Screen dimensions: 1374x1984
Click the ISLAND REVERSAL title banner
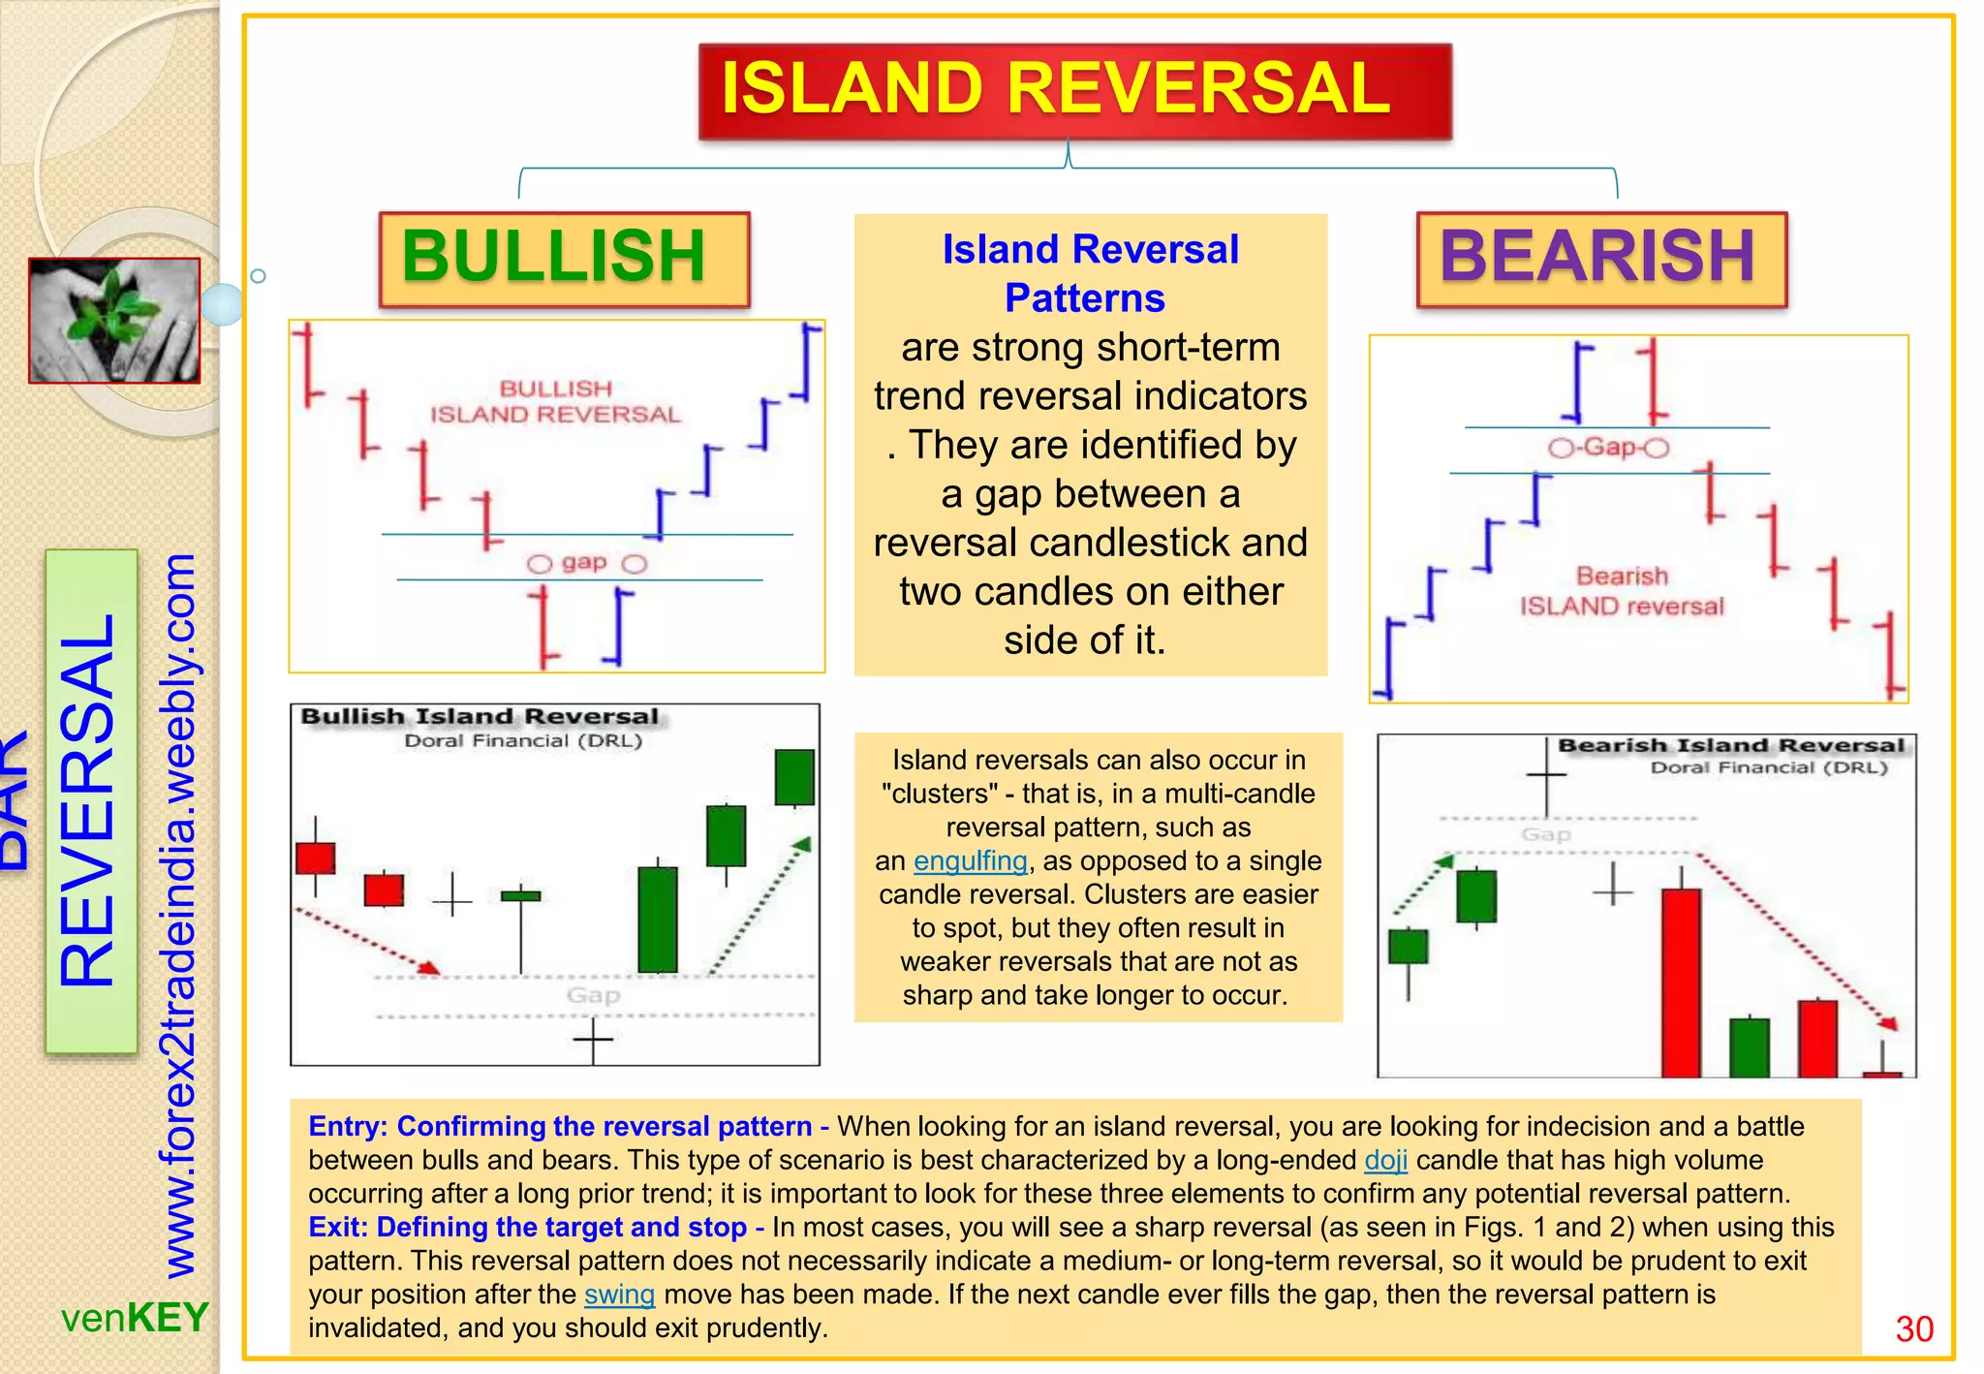[1074, 90]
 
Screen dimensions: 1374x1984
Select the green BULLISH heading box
[564, 259]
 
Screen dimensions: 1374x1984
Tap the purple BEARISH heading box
[1600, 259]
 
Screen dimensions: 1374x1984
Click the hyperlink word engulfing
[970, 860]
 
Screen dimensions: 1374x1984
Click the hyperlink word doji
[1385, 1160]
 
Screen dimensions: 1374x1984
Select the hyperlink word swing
[619, 1295]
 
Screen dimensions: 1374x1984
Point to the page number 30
[1913, 1328]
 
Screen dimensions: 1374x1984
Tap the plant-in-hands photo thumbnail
[114, 321]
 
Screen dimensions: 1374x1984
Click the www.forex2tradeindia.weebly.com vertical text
[178, 916]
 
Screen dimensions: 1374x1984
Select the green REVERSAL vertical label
[90, 800]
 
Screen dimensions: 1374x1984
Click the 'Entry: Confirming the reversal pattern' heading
[567, 1126]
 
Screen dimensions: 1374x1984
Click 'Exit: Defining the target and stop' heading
[535, 1227]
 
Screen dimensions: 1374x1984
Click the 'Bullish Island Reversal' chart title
[480, 717]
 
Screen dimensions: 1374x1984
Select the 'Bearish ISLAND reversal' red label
[1622, 591]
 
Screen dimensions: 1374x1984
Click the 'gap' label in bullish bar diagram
[584, 563]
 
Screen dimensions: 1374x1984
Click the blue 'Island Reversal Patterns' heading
[1090, 273]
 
